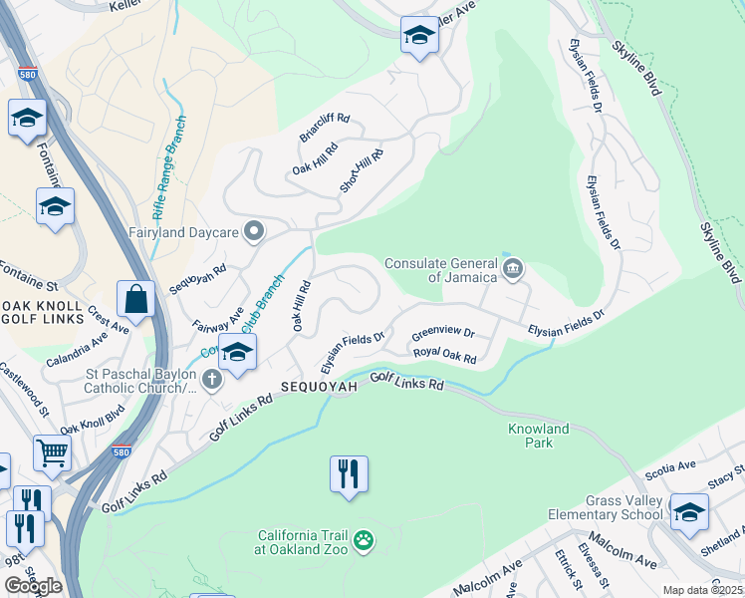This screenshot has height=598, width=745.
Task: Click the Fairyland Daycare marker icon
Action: coord(254,232)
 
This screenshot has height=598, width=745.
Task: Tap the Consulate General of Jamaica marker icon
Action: coord(513,266)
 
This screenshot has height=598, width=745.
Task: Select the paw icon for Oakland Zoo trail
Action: coord(366,540)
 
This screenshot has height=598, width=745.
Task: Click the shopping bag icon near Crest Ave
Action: coord(135,298)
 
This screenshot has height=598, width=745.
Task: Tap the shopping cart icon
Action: coord(52,451)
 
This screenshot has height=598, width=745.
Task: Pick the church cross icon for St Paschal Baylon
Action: coord(211,379)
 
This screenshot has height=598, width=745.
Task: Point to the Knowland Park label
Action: coord(537,436)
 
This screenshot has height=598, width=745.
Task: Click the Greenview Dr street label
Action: coord(443,333)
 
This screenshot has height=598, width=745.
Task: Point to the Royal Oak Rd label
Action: coord(445,354)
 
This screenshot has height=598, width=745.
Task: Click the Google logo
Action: coord(32,586)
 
